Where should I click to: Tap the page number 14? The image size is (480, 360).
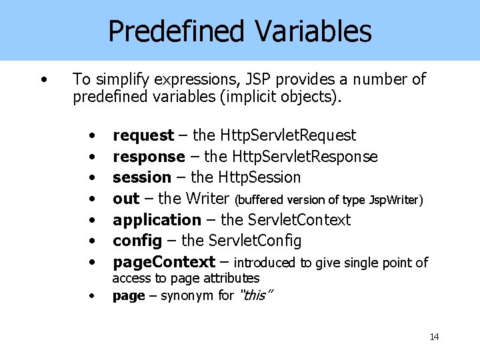434,337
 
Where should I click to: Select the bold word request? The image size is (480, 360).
143,135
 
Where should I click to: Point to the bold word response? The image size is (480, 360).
149,157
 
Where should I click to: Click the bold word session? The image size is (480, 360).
141,177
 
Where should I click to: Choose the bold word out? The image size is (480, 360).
126,199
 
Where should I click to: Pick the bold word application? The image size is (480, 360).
157,219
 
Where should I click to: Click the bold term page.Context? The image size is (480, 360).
164,262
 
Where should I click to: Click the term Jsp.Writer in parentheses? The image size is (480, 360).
394,199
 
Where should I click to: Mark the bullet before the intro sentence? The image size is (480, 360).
43,80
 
